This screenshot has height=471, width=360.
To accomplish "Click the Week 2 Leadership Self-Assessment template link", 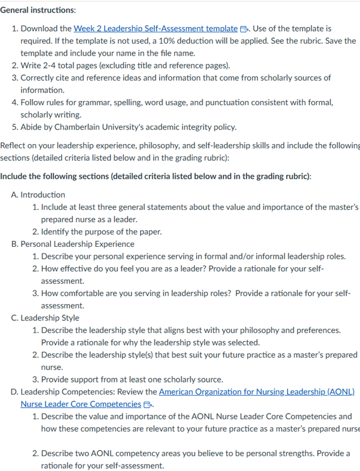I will [x=155, y=29].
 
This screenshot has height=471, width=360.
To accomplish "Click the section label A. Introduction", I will [x=38, y=195].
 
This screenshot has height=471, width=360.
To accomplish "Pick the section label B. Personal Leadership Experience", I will [x=72, y=244].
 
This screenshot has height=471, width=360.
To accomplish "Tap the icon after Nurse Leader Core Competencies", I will [x=147, y=405].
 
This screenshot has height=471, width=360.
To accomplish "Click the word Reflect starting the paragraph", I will [x=14, y=146].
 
